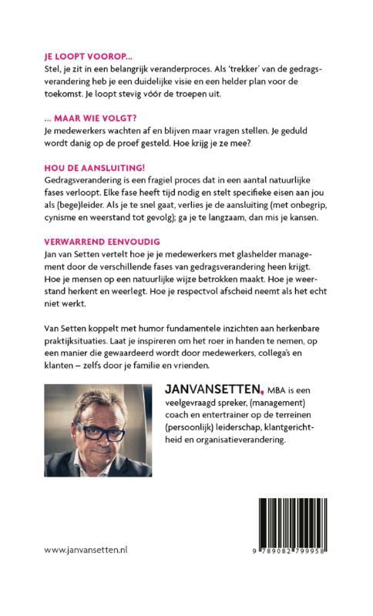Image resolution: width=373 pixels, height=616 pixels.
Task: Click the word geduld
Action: pyautogui.click(x=314, y=131)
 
